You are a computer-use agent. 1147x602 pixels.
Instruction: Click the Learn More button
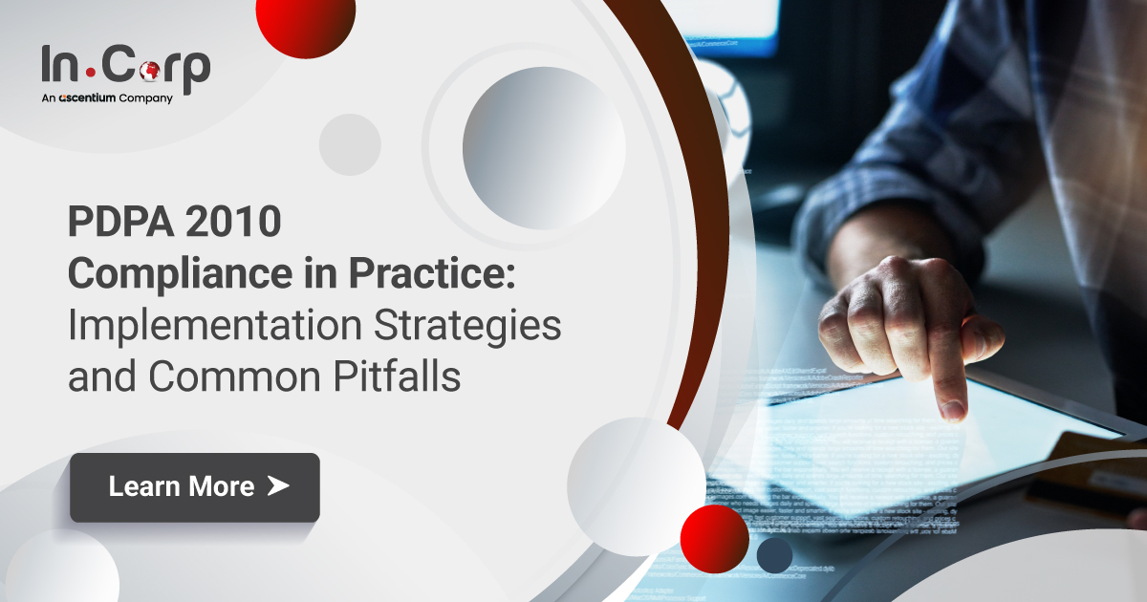tap(195, 487)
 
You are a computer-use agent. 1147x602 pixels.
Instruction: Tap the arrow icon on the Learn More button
tap(277, 486)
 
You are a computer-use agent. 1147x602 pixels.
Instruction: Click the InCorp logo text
tap(125, 66)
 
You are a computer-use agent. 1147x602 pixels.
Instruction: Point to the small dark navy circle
tap(774, 555)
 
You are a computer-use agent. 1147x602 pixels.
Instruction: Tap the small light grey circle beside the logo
tap(350, 144)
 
